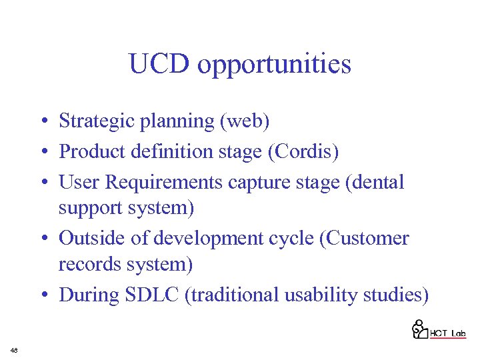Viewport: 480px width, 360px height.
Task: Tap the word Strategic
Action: coord(91,121)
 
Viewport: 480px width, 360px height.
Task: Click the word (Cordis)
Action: coord(303,151)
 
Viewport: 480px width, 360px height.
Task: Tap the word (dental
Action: coord(372,181)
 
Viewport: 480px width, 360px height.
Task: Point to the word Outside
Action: coord(91,238)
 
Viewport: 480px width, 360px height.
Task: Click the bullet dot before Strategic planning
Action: coord(42,122)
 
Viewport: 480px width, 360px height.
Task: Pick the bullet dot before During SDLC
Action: coord(42,295)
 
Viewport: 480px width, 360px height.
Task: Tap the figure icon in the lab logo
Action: coord(419,329)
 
